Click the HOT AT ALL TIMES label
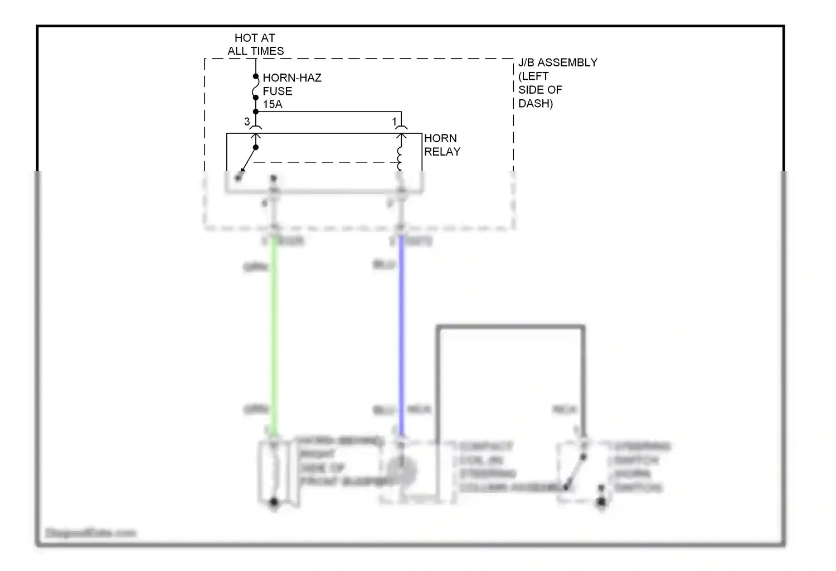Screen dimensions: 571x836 click(255, 45)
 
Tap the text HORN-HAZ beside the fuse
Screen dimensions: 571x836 click(292, 78)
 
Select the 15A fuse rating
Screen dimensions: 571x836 click(273, 104)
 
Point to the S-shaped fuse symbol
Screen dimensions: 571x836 click(256, 88)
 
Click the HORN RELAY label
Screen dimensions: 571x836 click(442, 145)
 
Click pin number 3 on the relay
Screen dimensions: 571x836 click(247, 122)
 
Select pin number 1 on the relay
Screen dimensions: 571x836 click(394, 122)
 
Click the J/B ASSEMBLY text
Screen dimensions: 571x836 click(557, 63)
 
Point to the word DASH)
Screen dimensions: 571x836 click(535, 104)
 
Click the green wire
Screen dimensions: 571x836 click(274, 335)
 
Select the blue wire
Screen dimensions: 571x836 click(401, 335)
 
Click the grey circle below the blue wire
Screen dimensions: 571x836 click(401, 472)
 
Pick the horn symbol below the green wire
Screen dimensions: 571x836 click(273, 472)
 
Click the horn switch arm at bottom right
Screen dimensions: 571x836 click(576, 472)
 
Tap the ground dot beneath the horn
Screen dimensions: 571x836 click(274, 503)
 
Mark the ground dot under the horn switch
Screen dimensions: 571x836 click(601, 503)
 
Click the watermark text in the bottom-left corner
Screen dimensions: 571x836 click(90, 533)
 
